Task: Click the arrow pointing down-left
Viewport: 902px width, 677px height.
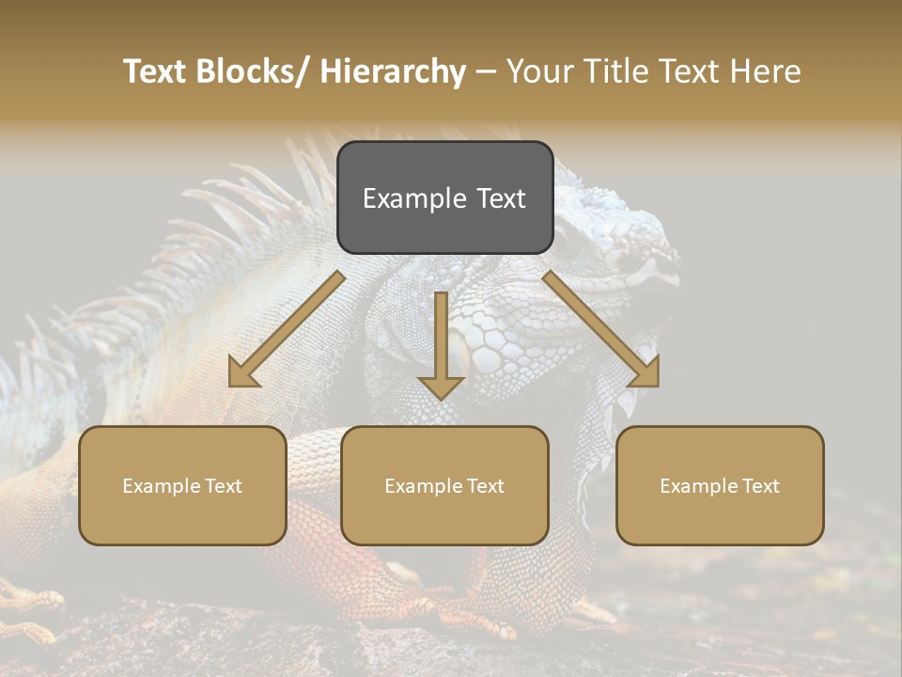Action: coord(282,334)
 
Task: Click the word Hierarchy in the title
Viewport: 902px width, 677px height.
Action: coord(392,72)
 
